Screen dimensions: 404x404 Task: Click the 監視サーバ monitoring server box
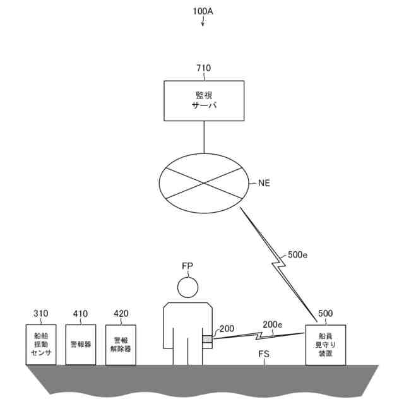coord(203,100)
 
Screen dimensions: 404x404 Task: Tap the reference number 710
coord(203,68)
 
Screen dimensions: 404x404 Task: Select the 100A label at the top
coord(203,11)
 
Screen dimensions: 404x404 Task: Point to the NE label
coord(265,183)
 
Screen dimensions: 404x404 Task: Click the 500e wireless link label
coord(298,256)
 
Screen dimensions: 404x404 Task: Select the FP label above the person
coord(187,266)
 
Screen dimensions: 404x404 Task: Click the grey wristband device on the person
coord(207,340)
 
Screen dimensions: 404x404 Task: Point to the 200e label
coord(272,324)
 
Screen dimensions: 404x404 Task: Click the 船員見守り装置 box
coord(326,345)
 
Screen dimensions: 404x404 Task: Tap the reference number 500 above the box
coord(326,314)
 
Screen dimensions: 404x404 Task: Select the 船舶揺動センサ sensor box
coord(41,345)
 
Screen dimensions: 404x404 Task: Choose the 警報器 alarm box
coord(81,345)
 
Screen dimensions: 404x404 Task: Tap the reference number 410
coord(80,314)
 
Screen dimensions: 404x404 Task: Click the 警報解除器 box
coord(121,345)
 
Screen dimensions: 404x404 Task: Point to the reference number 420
coord(121,314)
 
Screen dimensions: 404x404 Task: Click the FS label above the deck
coord(264,355)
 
